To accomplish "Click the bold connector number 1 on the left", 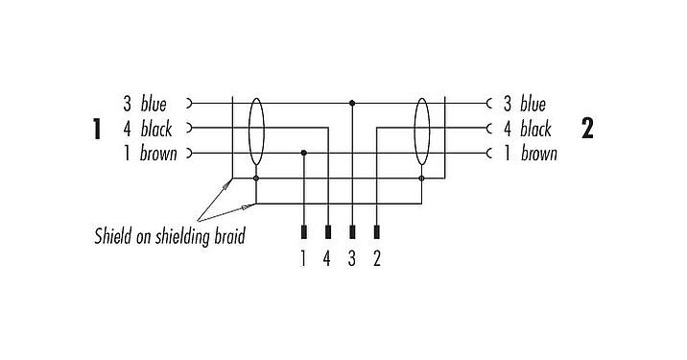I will click(97, 129).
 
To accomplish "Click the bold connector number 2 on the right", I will click(587, 129).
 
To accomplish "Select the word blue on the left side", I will click(154, 103).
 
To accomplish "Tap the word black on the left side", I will click(156, 129).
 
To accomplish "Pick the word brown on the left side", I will click(158, 154).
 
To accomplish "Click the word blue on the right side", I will click(533, 103).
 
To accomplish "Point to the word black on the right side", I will click(535, 129).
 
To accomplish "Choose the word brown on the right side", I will click(538, 154).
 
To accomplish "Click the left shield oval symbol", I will click(256, 132).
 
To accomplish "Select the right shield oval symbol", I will click(421, 132).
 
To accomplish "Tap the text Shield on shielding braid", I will click(169, 235).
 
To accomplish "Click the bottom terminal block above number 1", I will click(304, 232).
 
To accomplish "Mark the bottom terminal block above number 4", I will click(328, 232).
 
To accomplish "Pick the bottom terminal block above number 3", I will click(352, 232).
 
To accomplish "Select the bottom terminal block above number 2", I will click(376, 232).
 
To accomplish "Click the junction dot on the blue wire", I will click(352, 102).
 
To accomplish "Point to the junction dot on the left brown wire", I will click(304, 153).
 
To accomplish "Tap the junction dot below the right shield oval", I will click(421, 178).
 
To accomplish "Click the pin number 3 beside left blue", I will click(127, 103).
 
